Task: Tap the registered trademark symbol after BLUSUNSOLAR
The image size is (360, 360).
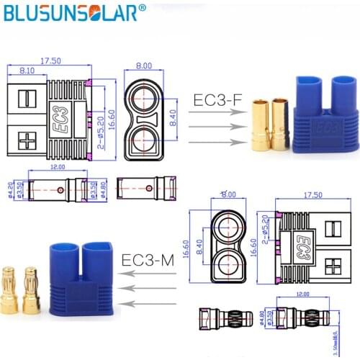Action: click(x=141, y=8)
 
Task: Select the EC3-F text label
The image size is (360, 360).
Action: click(x=216, y=99)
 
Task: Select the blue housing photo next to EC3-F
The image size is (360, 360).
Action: click(x=325, y=118)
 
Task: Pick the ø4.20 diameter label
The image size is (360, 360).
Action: click(x=9, y=189)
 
